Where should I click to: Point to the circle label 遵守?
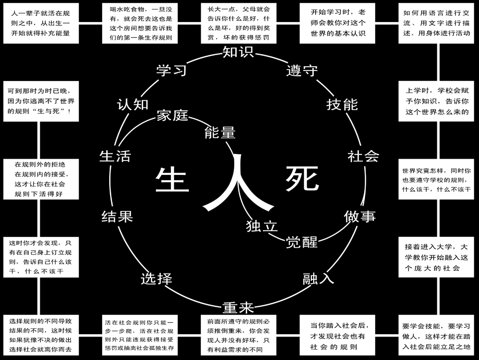[302, 70]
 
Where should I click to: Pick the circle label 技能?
[342, 104]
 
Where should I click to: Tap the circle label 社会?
[363, 156]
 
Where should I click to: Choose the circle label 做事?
[360, 217]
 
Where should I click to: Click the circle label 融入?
[318, 279]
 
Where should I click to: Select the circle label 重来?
[238, 306]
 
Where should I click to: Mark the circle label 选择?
[157, 279]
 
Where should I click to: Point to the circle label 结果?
[117, 217]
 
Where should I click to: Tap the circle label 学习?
[171, 70]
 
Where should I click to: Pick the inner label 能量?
[220, 133]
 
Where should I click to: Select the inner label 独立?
[262, 226]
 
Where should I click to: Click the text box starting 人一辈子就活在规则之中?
[41, 23]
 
